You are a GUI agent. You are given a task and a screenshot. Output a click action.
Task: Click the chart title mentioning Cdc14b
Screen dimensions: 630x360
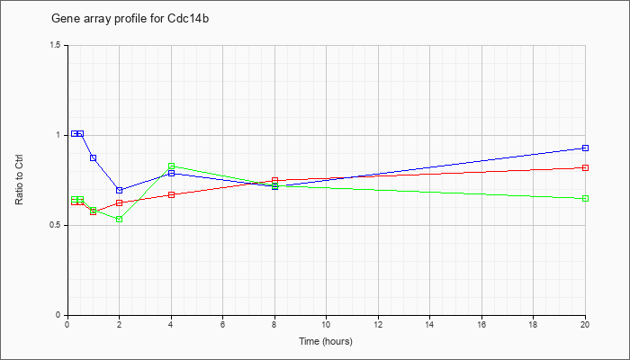[130, 19]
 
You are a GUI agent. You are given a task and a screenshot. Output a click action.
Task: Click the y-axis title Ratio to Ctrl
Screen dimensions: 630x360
[19, 179]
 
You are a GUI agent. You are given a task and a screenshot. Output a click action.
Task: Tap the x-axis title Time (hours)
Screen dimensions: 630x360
[326, 341]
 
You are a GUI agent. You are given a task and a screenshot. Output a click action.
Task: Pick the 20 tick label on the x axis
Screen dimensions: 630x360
[585, 324]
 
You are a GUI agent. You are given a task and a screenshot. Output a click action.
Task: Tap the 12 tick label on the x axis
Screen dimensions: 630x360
[378, 324]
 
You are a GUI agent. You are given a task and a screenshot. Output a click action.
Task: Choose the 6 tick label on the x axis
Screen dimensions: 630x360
[222, 324]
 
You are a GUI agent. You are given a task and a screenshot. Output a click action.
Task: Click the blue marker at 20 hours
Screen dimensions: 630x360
[585, 148]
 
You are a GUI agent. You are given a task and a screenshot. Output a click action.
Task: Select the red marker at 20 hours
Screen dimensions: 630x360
[585, 168]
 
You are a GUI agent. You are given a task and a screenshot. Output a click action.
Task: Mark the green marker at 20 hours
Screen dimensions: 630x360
[585, 199]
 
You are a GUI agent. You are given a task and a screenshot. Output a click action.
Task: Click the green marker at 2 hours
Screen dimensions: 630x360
[120, 220]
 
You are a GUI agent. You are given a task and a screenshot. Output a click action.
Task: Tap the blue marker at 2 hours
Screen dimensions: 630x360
[120, 190]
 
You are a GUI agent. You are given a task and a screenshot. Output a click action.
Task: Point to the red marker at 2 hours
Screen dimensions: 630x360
[120, 202]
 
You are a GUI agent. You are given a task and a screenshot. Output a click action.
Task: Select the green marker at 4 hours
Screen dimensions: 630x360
[172, 166]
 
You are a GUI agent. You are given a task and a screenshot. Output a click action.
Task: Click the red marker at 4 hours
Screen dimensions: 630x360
[172, 195]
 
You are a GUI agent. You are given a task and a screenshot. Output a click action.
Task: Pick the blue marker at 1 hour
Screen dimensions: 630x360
[94, 157]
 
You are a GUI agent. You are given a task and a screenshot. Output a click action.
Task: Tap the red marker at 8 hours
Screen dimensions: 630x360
[274, 181]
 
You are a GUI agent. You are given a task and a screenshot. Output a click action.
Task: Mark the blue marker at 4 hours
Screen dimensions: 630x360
[172, 173]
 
